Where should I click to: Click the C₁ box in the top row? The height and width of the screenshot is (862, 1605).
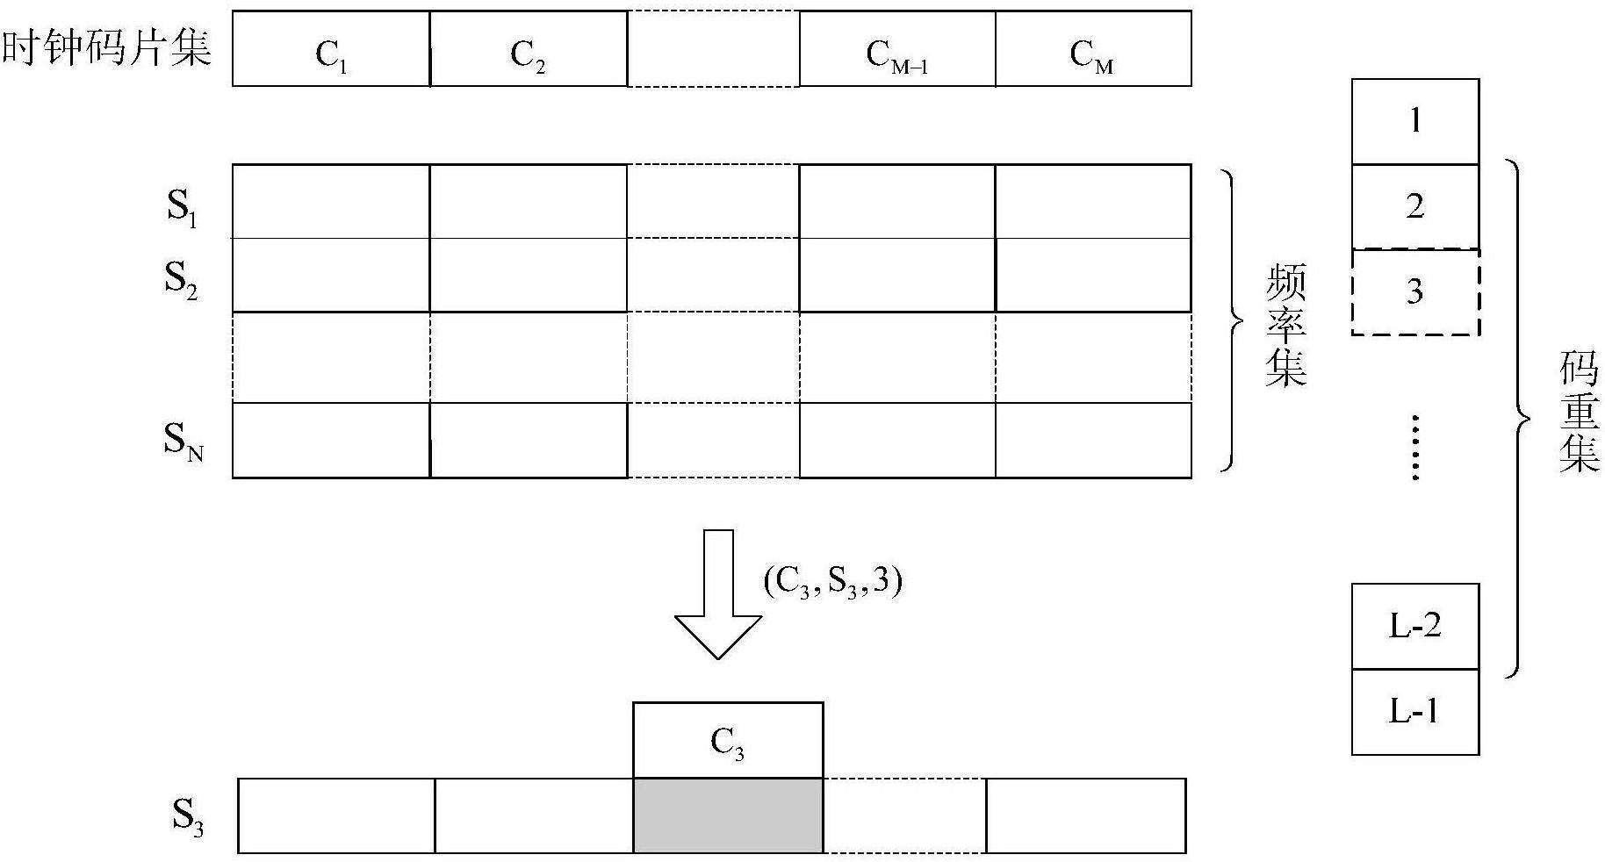(331, 48)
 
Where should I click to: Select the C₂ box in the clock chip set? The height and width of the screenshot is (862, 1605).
(529, 48)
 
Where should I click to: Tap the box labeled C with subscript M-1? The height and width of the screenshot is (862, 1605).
(897, 48)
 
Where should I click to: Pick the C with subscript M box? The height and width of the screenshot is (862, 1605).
(1093, 48)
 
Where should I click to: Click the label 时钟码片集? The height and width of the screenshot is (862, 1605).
(107, 47)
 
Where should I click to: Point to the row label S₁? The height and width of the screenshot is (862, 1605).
(182, 208)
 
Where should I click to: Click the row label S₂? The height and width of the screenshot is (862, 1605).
(181, 280)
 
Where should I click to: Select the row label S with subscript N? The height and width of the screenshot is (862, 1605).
(184, 441)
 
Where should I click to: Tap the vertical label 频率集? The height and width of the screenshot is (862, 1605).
(1285, 325)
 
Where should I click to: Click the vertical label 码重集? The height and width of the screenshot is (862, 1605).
(1579, 413)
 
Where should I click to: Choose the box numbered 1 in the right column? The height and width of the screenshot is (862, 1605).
(1415, 121)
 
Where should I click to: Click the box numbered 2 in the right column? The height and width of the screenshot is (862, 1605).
(1415, 206)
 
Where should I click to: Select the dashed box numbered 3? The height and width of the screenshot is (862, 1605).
(1415, 291)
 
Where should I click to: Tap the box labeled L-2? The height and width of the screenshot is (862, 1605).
(1415, 627)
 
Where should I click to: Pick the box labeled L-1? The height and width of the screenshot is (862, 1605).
(1415, 712)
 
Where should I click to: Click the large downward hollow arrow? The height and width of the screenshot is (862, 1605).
(718, 594)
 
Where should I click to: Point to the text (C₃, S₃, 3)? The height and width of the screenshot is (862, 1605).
(833, 583)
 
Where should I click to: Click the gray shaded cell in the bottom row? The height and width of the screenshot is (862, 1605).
(728, 815)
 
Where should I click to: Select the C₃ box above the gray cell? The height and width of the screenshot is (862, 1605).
(728, 740)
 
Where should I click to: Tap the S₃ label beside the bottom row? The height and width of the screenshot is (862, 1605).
(187, 817)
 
